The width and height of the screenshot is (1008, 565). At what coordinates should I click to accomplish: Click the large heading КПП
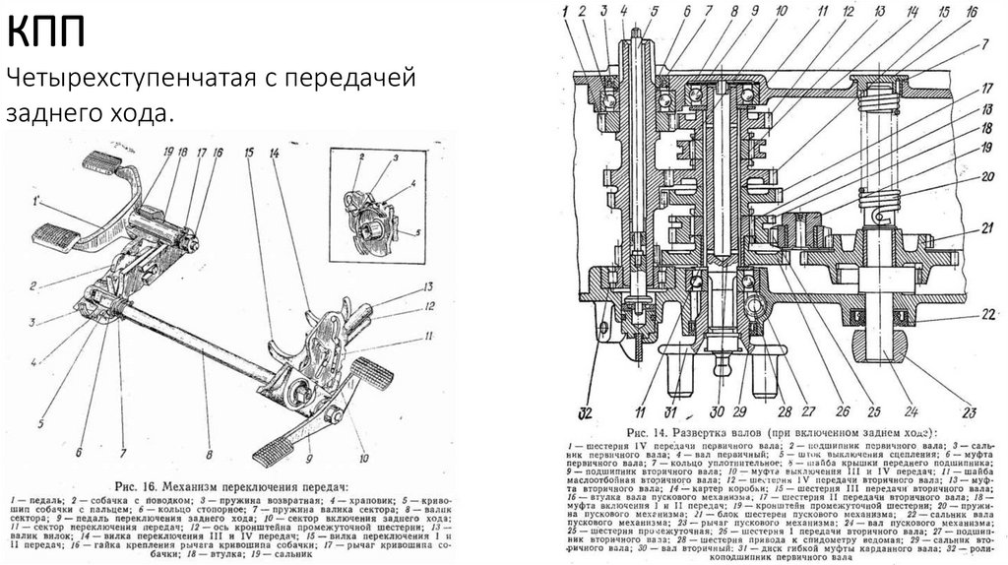pyautogui.click(x=47, y=35)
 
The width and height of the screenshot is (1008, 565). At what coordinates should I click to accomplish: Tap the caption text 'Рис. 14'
pyautogui.click(x=653, y=431)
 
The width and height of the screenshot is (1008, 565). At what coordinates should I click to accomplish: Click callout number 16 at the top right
pyautogui.click(x=972, y=13)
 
